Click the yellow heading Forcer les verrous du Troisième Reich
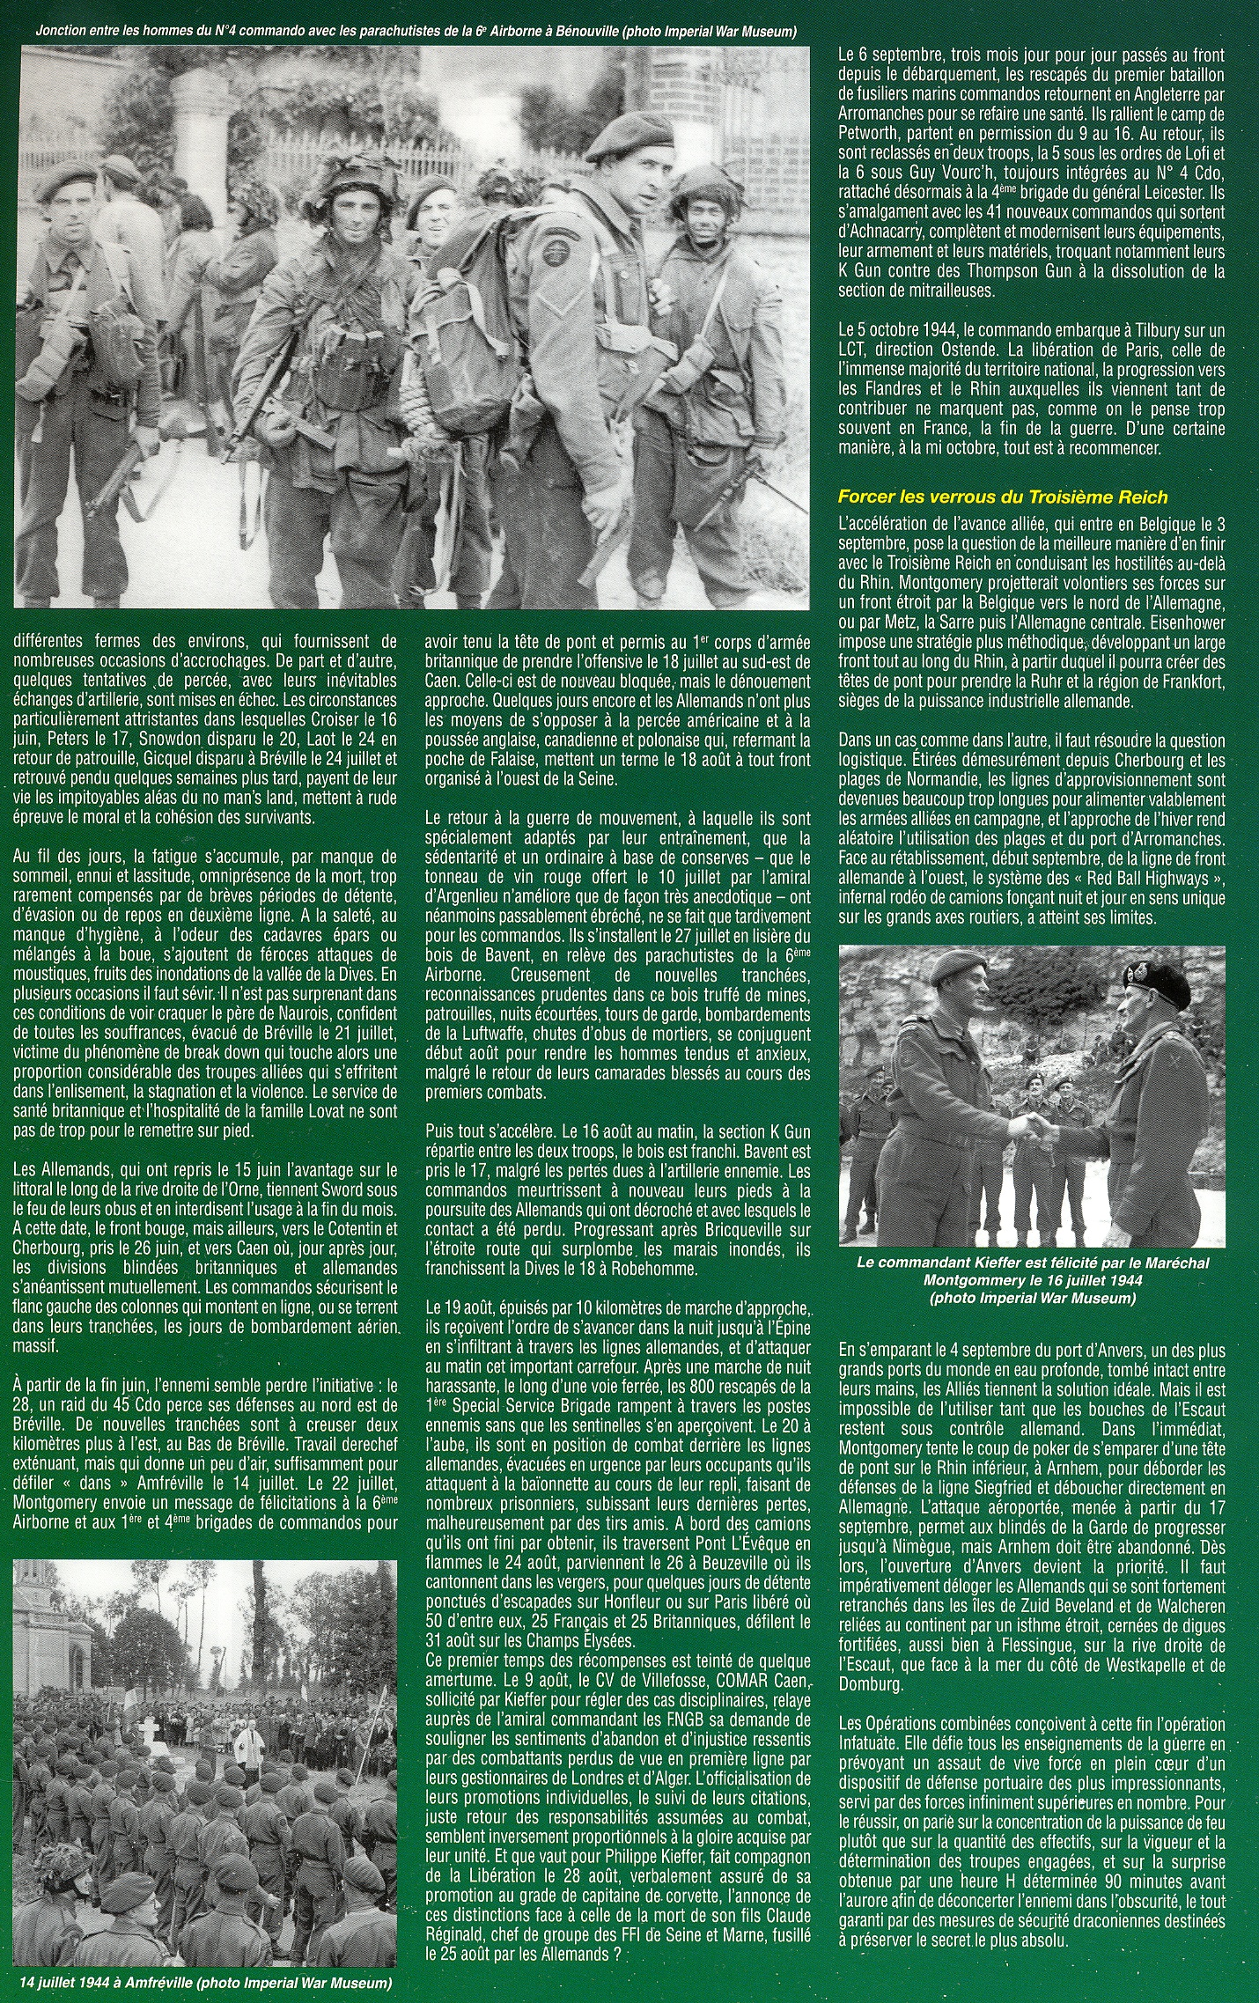click(x=1003, y=497)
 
